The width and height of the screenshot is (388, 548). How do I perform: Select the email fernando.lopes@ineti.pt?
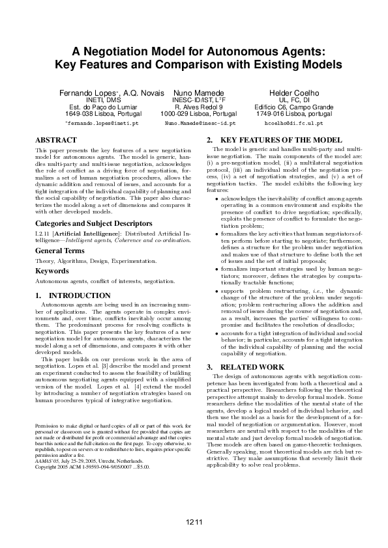click(103, 122)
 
